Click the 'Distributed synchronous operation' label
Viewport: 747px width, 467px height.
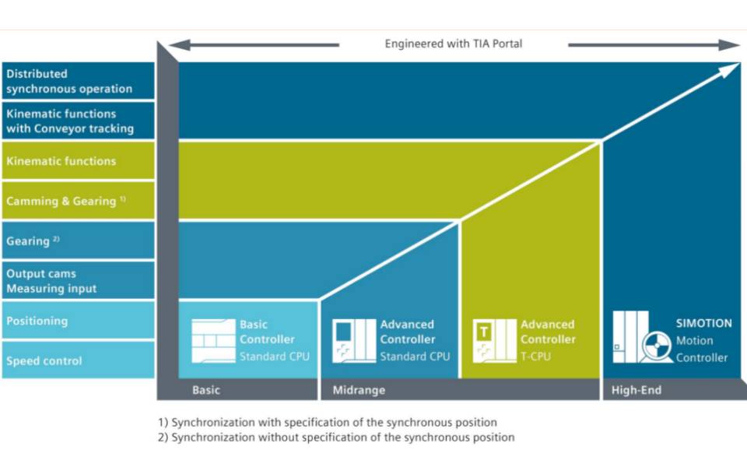69,81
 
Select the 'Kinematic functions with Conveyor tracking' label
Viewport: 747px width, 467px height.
70,121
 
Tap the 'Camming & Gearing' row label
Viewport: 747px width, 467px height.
65,201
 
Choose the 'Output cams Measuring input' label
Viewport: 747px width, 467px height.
51,281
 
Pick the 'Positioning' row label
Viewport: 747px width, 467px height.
37,321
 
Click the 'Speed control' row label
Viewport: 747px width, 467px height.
44,360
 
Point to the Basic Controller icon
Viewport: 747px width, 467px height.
213,341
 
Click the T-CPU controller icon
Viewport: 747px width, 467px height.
495,341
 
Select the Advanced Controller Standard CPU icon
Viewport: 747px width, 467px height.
354,341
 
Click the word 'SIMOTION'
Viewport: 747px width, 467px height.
703,323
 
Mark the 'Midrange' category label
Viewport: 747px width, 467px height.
359,390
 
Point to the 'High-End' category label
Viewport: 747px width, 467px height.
637,390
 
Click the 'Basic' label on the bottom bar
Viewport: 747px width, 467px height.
205,390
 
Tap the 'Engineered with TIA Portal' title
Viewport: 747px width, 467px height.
454,44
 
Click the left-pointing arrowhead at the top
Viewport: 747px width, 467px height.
180,45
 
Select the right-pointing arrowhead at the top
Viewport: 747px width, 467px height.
729,45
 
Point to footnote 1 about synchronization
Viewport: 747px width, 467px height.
328,422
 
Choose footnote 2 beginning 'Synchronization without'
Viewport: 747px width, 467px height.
336,437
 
